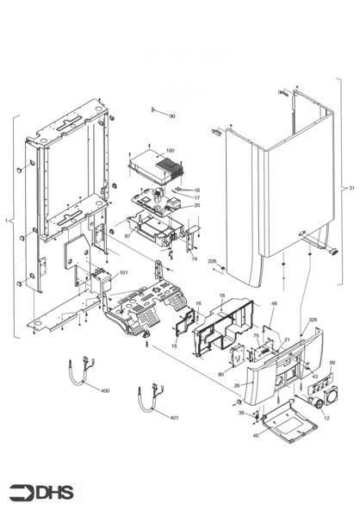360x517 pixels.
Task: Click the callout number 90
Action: point(172,115)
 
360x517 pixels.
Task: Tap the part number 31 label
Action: point(351,188)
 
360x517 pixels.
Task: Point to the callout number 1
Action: point(7,221)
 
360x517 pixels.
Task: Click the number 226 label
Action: point(212,262)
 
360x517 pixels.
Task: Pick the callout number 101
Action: point(124,273)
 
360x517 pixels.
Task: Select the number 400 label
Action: point(105,391)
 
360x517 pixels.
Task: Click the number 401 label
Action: point(174,418)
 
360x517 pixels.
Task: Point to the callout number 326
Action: point(313,320)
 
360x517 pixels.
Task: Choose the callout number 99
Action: point(332,364)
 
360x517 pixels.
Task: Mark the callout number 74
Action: point(194,258)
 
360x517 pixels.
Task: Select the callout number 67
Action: point(127,235)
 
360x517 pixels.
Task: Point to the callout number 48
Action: point(274,304)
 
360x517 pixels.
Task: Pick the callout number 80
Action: point(220,374)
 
